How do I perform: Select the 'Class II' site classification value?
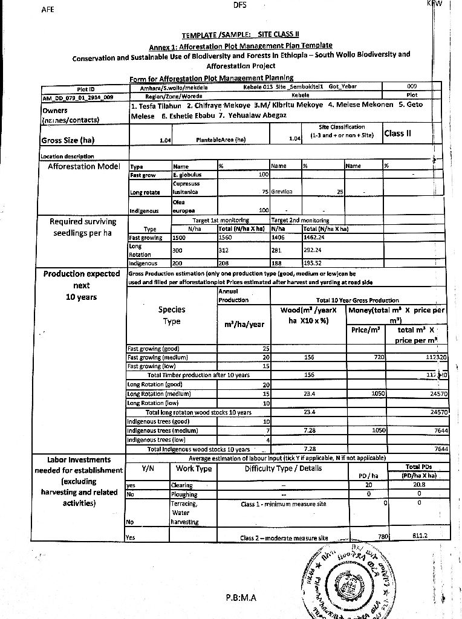pyautogui.click(x=398, y=134)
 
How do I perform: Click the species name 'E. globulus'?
pyautogui.click(x=186, y=174)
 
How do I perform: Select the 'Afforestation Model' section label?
pyautogui.click(x=84, y=166)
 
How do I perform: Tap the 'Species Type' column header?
pyautogui.click(x=172, y=316)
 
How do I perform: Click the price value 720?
pyautogui.click(x=379, y=357)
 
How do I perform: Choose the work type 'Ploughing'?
pyautogui.click(x=184, y=493)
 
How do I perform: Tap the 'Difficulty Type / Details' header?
pyautogui.click(x=284, y=468)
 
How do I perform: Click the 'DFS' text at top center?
pyautogui.click(x=239, y=5)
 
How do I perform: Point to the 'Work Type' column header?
pyautogui.click(x=194, y=468)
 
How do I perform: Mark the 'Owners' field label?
pyautogui.click(x=55, y=111)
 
